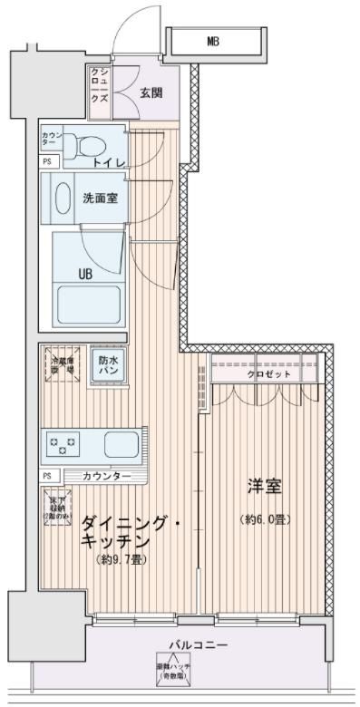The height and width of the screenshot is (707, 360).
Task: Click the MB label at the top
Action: point(212,41)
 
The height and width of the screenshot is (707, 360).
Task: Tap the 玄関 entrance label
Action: point(152,91)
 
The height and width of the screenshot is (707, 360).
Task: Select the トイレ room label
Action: point(109,161)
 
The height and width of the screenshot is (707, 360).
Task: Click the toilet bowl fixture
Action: point(89,144)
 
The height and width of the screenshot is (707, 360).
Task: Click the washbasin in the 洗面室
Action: point(62,197)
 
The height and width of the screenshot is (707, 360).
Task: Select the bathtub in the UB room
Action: point(88,306)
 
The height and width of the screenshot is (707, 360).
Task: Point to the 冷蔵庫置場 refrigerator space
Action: point(61,364)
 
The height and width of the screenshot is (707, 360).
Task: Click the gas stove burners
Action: point(65,445)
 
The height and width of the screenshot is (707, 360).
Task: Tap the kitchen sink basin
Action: point(121,445)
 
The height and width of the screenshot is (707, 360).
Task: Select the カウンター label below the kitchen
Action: point(106,476)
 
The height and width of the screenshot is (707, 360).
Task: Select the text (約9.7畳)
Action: point(122,559)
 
